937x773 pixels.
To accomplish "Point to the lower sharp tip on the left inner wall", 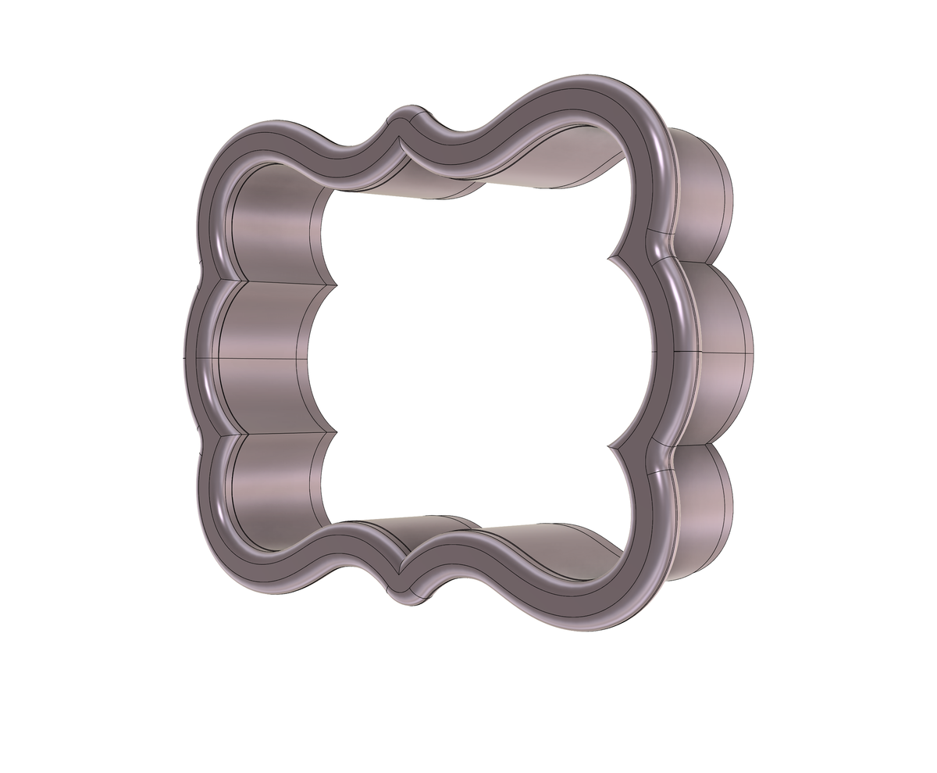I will (336, 430).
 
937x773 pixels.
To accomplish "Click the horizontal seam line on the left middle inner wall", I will (258, 359).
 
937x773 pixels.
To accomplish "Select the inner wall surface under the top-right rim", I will (547, 168).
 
